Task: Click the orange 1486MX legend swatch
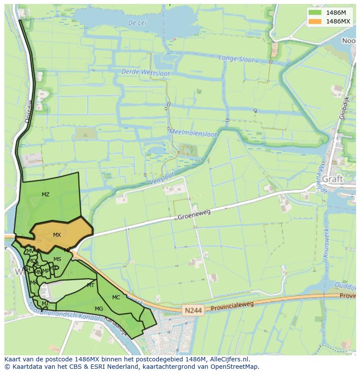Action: [x=314, y=21]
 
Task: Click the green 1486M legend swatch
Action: [x=314, y=13]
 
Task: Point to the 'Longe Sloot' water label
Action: [x=236, y=59]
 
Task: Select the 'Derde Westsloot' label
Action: [x=146, y=73]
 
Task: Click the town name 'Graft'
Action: [x=333, y=179]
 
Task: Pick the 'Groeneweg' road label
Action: [x=194, y=215]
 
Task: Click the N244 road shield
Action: [x=193, y=310]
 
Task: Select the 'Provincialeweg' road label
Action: [x=232, y=306]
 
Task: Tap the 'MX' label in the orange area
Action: [x=57, y=235]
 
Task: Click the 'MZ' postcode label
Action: [x=46, y=195]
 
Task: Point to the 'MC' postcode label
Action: [x=116, y=298]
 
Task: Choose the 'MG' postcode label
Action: [x=99, y=309]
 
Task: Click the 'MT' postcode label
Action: [x=90, y=285]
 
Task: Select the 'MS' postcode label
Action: [x=57, y=259]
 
